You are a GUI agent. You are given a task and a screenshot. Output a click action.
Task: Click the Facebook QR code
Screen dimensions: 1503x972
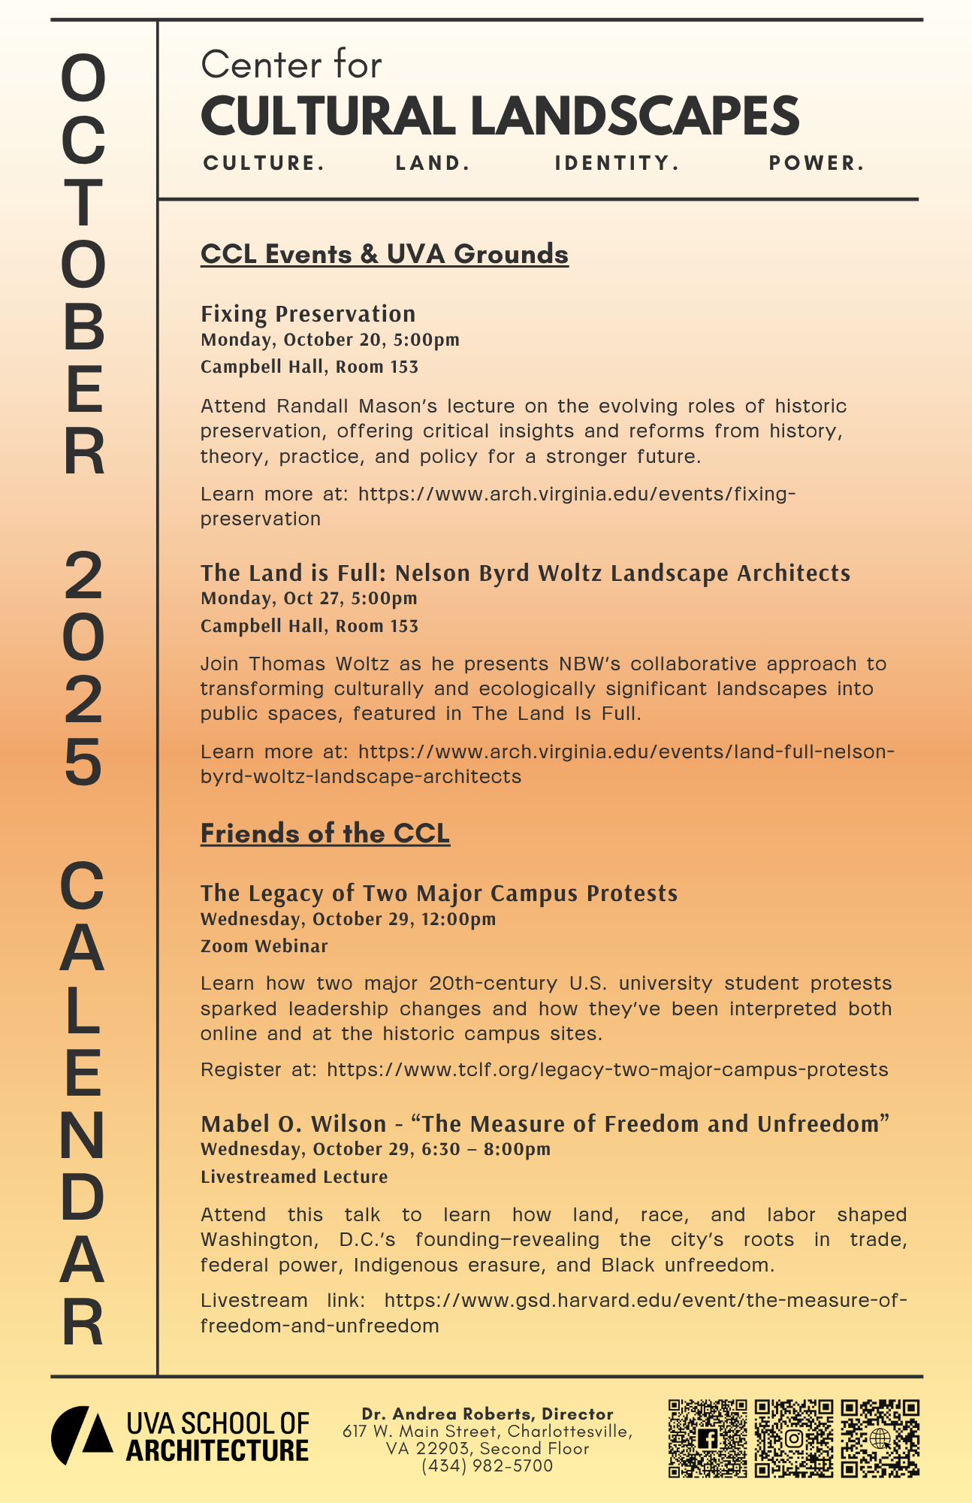coord(707,1438)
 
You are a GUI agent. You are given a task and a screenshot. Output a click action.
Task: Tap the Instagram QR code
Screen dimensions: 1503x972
coord(794,1438)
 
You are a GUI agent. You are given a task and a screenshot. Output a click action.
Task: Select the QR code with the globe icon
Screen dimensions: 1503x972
coord(880,1438)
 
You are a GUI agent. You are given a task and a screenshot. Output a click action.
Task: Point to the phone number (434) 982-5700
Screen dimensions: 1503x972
coord(487,1466)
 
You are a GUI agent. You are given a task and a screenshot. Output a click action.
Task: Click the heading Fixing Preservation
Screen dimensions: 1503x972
coord(308,314)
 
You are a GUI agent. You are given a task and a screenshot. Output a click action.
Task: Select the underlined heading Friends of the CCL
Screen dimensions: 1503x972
coord(325,833)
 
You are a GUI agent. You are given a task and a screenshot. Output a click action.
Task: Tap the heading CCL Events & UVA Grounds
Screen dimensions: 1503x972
coord(384,254)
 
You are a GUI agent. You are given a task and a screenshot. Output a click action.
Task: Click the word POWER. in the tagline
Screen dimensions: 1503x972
coord(817,163)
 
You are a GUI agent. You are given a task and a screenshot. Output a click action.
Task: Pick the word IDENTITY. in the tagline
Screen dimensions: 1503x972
coord(617,163)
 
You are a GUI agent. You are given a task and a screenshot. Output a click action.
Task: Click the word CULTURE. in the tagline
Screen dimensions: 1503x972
coord(264,163)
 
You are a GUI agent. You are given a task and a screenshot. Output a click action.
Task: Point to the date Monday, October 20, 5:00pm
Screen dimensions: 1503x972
coord(330,340)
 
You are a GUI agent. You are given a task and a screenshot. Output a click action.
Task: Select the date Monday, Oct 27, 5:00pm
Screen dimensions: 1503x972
coord(309,598)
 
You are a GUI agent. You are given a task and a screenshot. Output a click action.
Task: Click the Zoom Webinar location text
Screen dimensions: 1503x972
coord(264,946)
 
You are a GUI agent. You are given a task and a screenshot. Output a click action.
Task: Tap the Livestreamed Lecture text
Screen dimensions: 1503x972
coord(294,1177)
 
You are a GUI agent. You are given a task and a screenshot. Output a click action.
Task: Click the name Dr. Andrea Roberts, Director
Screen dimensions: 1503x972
coord(488,1414)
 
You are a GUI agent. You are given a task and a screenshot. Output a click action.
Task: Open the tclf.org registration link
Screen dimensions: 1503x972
coord(607,1069)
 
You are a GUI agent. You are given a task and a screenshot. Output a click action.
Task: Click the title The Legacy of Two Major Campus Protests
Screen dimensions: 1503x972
coord(439,894)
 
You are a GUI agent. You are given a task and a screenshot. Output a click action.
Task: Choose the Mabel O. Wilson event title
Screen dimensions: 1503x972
coord(545,1124)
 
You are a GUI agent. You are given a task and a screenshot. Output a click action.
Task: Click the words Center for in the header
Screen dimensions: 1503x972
coord(291,65)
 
